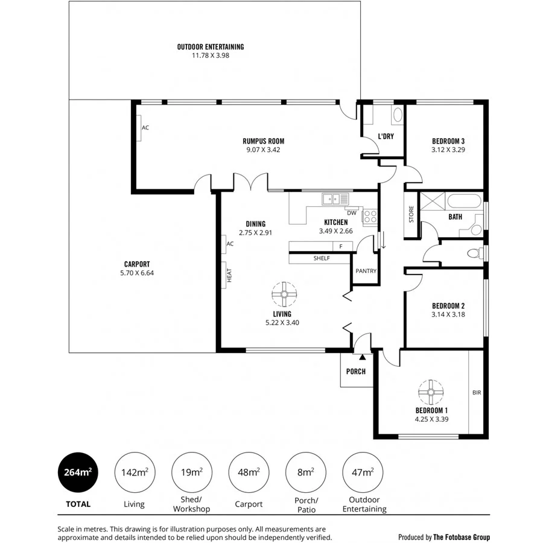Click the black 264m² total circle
[x=77, y=472]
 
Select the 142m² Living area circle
[x=134, y=472]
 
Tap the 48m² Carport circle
[x=249, y=472]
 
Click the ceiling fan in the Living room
[x=282, y=294]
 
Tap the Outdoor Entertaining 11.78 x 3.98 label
[x=211, y=51]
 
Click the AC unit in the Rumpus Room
[x=138, y=128]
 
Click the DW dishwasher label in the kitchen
[x=351, y=212]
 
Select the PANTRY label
[x=366, y=271]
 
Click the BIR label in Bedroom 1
[x=476, y=392]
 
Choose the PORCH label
[x=356, y=372]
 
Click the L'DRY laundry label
[x=386, y=136]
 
